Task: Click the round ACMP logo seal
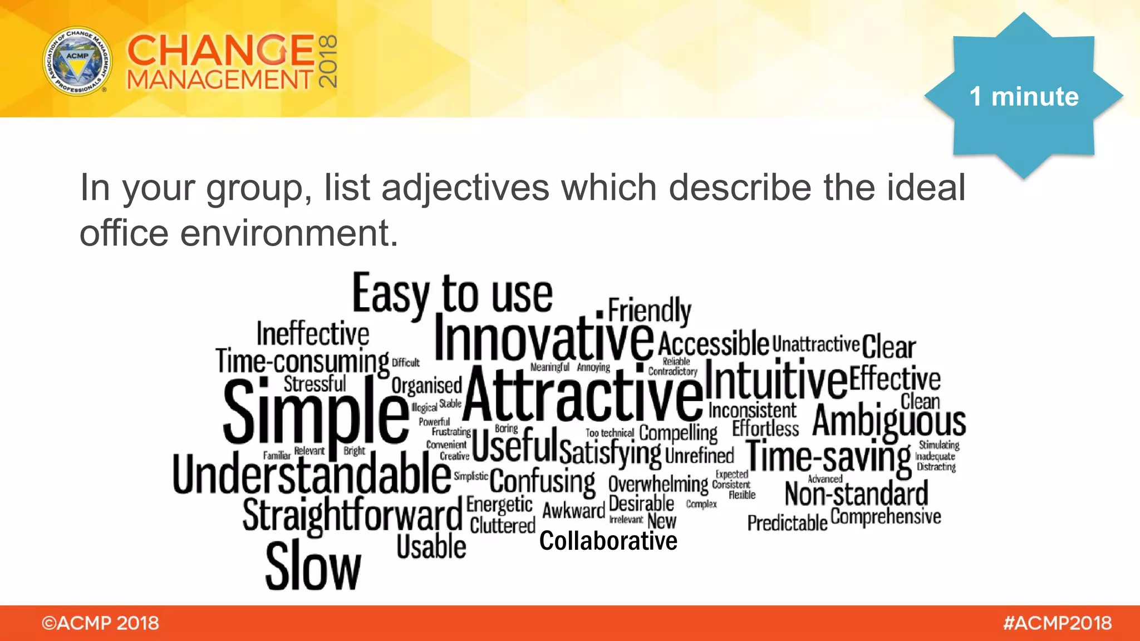coord(77,61)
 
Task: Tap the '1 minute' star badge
coord(1024,96)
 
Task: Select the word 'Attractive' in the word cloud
coord(583,395)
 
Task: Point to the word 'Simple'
coord(316,412)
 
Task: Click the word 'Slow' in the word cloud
coord(313,566)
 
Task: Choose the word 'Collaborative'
coord(608,541)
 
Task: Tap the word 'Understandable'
coord(312,474)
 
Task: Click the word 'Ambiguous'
coord(889,421)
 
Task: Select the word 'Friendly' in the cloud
coord(649,309)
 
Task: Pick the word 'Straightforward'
coord(352,515)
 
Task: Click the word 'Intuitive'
coord(777,379)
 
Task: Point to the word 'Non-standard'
coord(856,494)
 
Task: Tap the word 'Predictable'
coord(787,523)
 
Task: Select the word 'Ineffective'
coord(313,334)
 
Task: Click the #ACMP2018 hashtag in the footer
coord(1057,623)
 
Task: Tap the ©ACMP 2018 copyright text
coord(100,623)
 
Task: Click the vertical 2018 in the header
coord(328,61)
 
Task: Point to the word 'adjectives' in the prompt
coord(465,188)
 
